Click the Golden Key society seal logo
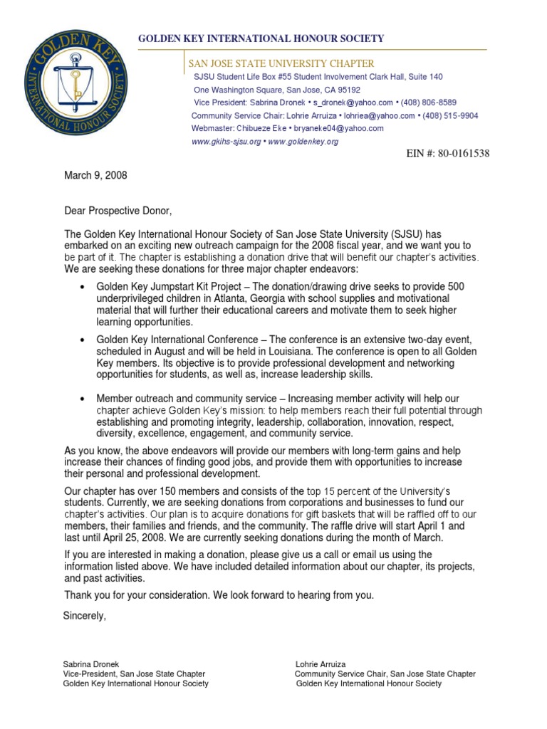pyautogui.click(x=90, y=88)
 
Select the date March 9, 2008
pyautogui.click(x=95, y=175)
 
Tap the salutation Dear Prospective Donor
pyautogui.click(x=118, y=211)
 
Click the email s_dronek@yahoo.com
pyautogui.click(x=353, y=103)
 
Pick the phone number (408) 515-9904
pyautogui.click(x=450, y=115)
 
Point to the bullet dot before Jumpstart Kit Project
pyautogui.click(x=85, y=286)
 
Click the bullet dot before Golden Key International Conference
pyautogui.click(x=85, y=340)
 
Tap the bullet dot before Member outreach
pyautogui.click(x=85, y=398)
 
